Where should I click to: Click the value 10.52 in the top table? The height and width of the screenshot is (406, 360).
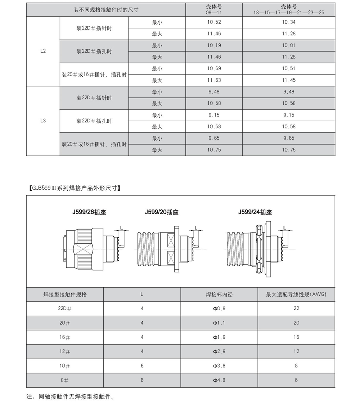(x=214, y=22)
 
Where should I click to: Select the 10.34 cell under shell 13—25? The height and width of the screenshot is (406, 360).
(x=289, y=22)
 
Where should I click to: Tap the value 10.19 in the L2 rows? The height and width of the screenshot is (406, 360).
(x=214, y=45)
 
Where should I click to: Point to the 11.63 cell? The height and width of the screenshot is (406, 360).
(x=214, y=80)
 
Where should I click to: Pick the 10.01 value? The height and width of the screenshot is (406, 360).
(x=289, y=45)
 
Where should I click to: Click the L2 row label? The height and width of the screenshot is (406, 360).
(x=43, y=51)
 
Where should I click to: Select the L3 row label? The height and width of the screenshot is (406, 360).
(x=43, y=121)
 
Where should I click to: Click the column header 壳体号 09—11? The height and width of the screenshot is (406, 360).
(x=214, y=9)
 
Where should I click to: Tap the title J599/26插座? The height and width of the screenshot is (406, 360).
(x=89, y=213)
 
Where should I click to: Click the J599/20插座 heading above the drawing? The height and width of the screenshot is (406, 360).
(x=162, y=213)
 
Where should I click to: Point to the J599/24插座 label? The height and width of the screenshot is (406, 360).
(x=255, y=213)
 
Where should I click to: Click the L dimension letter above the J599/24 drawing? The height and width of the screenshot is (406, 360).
(x=285, y=227)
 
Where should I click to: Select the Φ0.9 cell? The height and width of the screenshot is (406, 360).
(x=219, y=308)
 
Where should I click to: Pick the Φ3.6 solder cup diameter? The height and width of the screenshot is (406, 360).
(x=219, y=366)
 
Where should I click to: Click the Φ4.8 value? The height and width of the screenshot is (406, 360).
(x=219, y=380)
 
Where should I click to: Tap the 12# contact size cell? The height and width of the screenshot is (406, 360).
(x=65, y=351)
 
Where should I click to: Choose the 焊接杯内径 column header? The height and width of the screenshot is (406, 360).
(x=219, y=294)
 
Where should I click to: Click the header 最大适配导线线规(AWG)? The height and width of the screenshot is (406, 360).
(x=296, y=294)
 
